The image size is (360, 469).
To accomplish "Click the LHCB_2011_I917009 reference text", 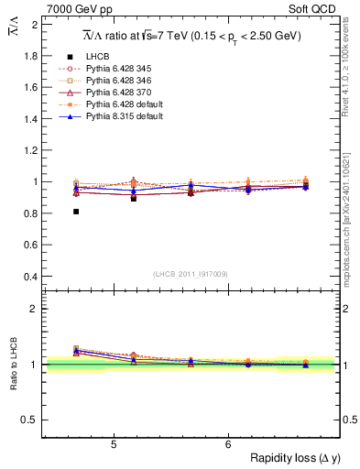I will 191,274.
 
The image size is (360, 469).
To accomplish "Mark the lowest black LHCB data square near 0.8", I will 76,212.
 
